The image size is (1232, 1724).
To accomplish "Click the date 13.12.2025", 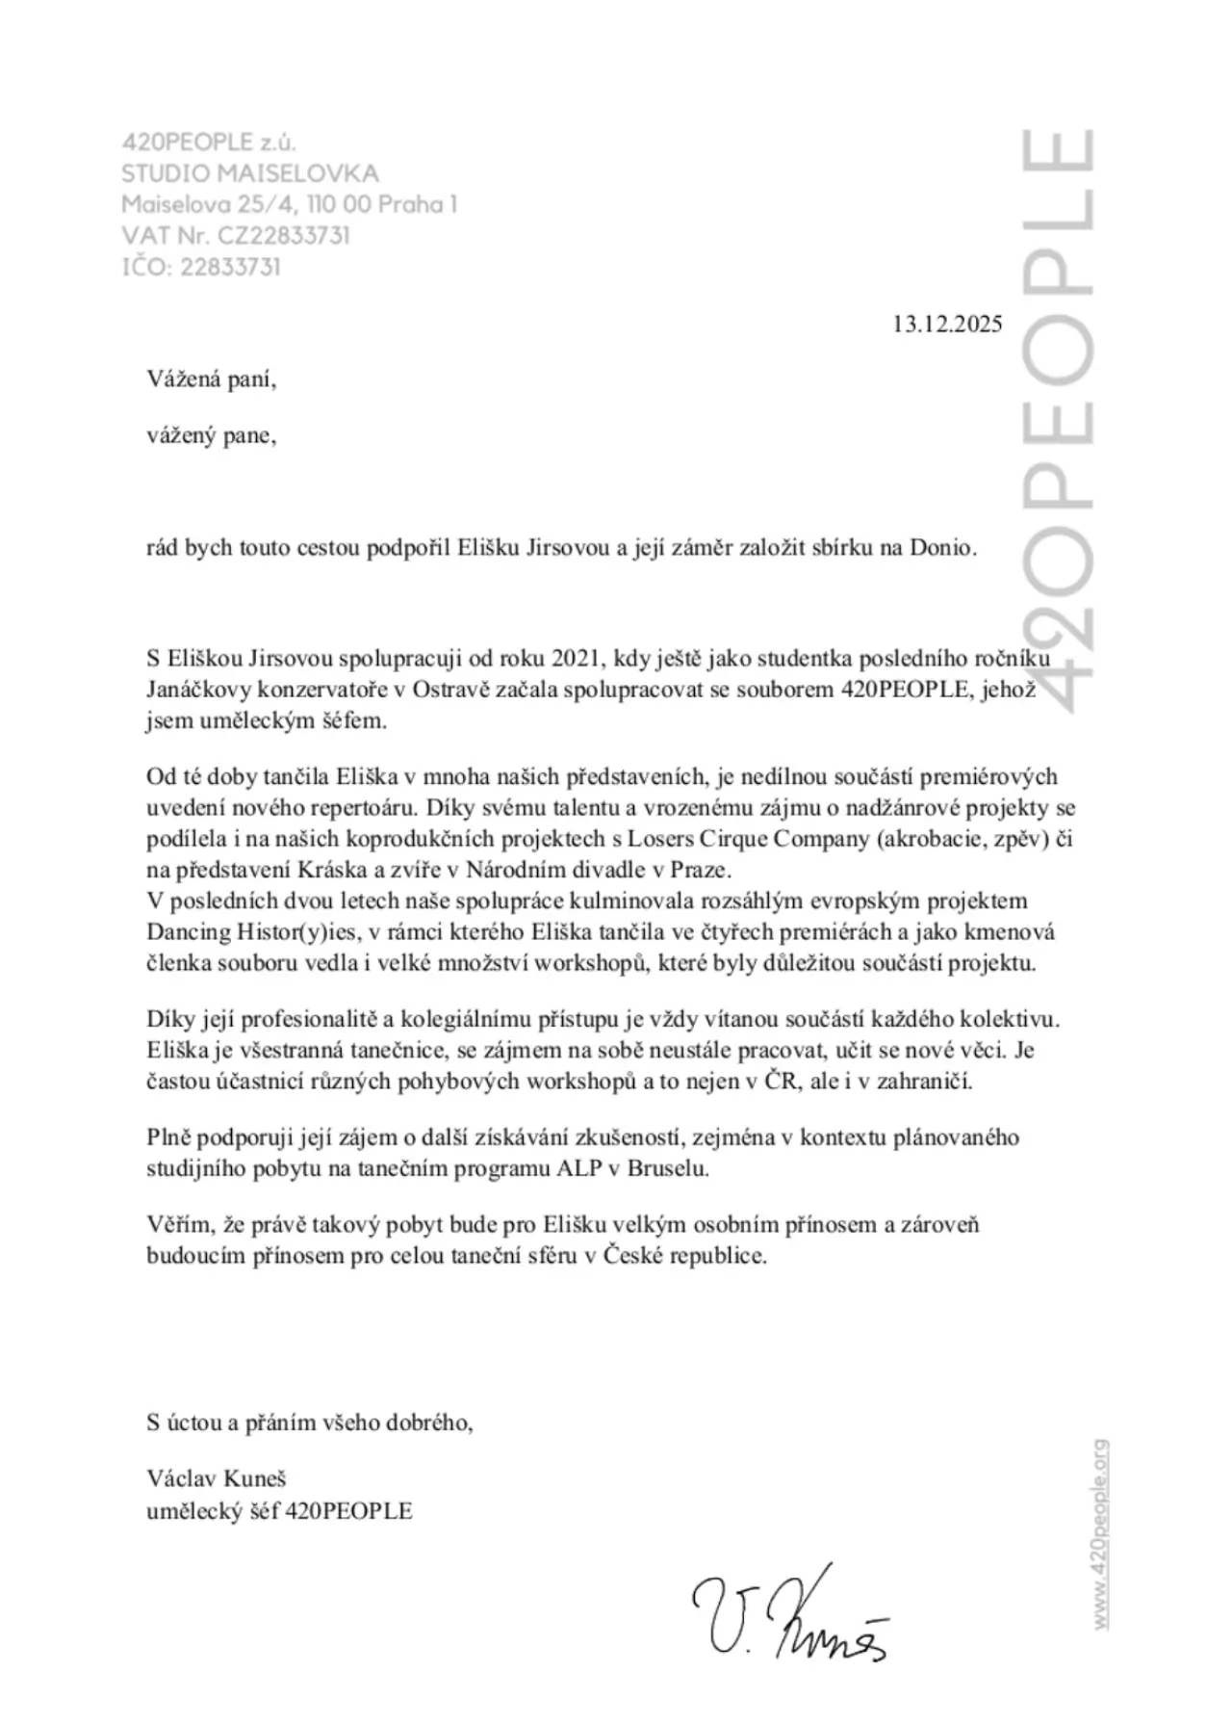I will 947,324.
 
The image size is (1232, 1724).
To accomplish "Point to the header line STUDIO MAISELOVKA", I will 250,174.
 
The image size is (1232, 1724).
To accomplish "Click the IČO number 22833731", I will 230,267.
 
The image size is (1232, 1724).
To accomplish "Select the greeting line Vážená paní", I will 212,379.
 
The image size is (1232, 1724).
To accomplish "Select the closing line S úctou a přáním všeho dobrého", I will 310,1423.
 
